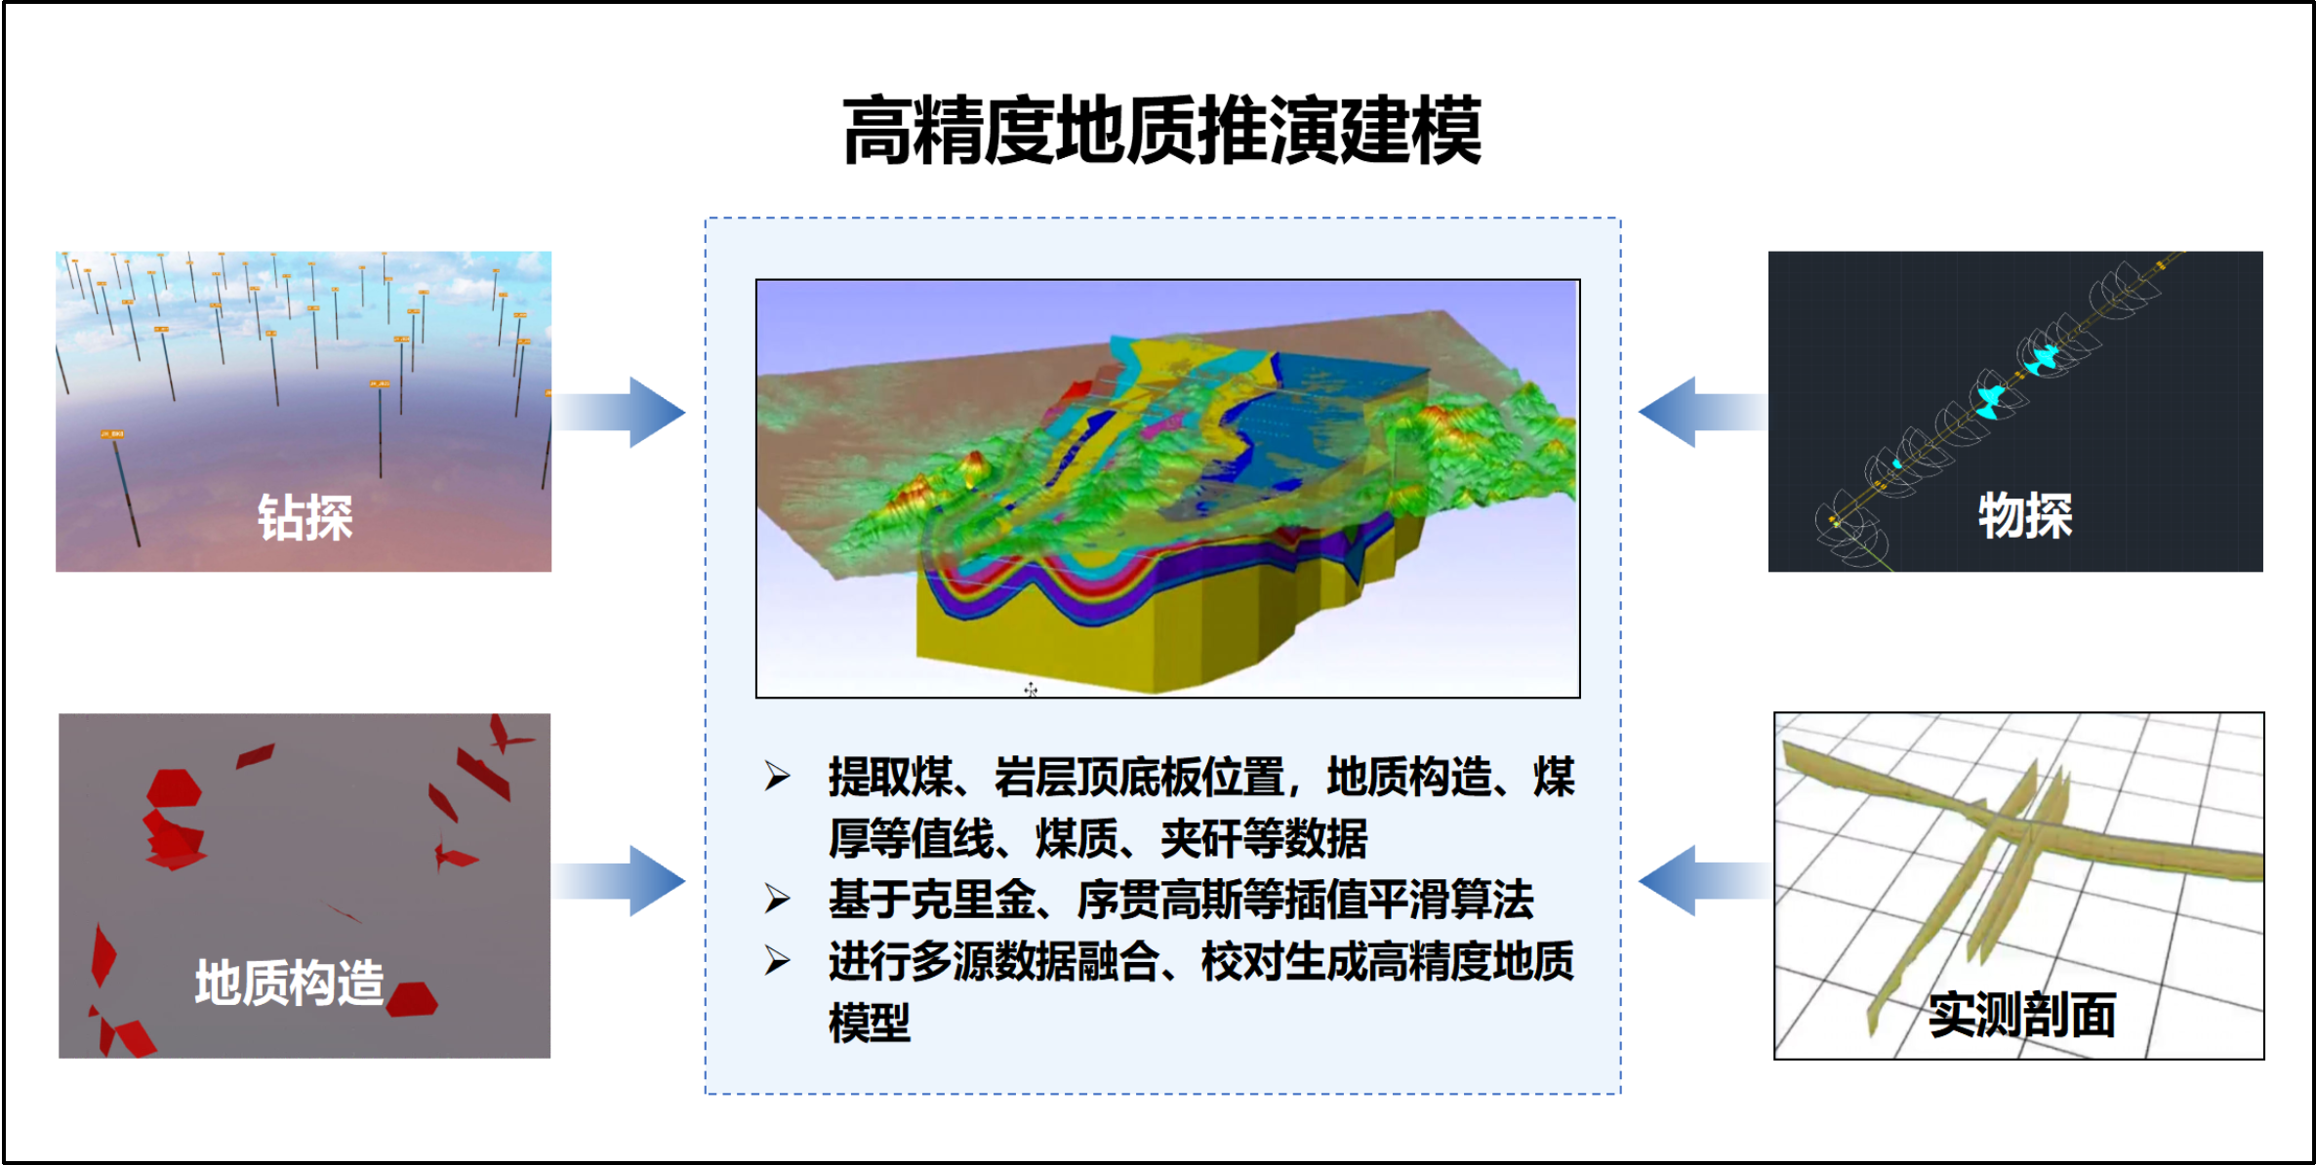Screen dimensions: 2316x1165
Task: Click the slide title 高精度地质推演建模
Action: click(1161, 130)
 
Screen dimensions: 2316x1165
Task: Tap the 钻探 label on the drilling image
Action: click(305, 516)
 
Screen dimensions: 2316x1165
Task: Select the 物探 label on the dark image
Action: click(2025, 514)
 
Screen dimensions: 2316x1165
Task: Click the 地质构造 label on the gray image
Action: click(290, 982)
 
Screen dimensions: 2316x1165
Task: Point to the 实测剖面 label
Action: click(2022, 1014)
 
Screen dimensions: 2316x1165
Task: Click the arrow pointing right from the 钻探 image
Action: click(621, 412)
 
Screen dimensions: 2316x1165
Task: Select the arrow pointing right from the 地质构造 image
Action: click(621, 880)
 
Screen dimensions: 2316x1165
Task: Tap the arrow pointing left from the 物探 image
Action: click(1703, 412)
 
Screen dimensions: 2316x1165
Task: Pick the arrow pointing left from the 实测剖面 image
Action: click(1706, 880)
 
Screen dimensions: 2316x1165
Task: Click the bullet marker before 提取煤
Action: click(778, 777)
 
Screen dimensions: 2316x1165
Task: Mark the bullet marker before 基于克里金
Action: click(778, 899)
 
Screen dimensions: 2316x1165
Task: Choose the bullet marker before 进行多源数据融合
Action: click(778, 961)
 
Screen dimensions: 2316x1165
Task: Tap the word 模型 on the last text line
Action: click(870, 1023)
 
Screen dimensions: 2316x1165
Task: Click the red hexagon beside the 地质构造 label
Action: click(412, 999)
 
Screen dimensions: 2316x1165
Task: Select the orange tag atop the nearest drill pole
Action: click(112, 433)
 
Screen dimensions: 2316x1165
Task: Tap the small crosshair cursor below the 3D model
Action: click(1031, 690)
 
